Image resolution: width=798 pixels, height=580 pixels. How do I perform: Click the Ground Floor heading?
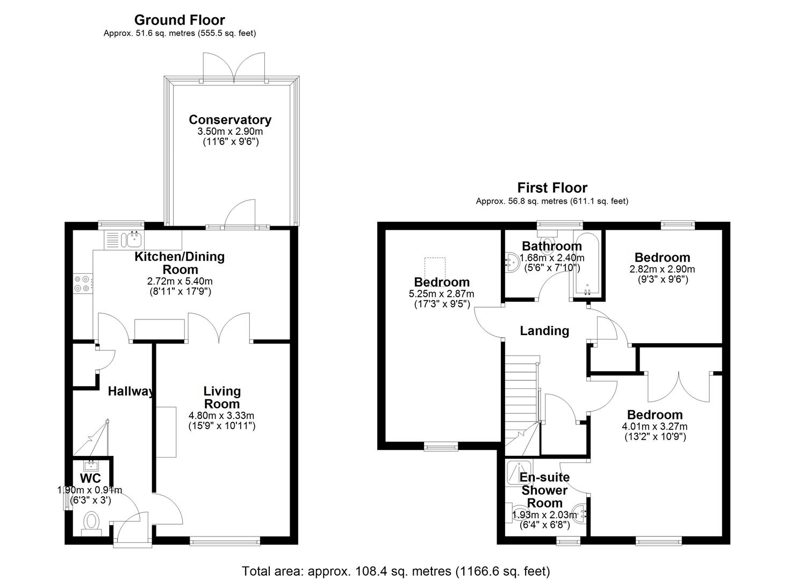pyautogui.click(x=179, y=20)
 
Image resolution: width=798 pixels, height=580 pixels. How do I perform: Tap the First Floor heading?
pyautogui.click(x=552, y=187)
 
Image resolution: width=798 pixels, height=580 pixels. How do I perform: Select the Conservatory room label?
pyautogui.click(x=230, y=120)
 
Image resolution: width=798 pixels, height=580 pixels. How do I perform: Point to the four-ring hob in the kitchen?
pyautogui.click(x=82, y=284)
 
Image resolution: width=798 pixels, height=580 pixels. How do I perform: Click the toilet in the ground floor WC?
pyautogui.click(x=91, y=523)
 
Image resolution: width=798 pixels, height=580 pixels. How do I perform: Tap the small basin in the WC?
pyautogui.click(x=91, y=465)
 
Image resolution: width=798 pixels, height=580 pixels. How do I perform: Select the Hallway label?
pyautogui.click(x=131, y=392)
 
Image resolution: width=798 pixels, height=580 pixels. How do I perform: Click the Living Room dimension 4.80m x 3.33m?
pyautogui.click(x=221, y=416)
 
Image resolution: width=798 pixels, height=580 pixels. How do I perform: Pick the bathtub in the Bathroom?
pyautogui.click(x=587, y=265)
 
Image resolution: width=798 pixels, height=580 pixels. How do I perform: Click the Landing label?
pyautogui.click(x=544, y=331)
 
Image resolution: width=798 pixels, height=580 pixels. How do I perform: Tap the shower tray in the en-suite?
pyautogui.click(x=519, y=473)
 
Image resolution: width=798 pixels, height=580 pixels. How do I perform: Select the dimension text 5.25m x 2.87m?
pyautogui.click(x=441, y=294)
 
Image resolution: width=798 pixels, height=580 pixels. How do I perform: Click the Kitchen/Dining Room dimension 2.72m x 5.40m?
pyautogui.click(x=180, y=281)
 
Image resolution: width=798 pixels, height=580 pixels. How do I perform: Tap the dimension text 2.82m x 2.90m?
pyautogui.click(x=662, y=269)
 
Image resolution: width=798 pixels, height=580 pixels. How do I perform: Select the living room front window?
pyautogui.click(x=225, y=542)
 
